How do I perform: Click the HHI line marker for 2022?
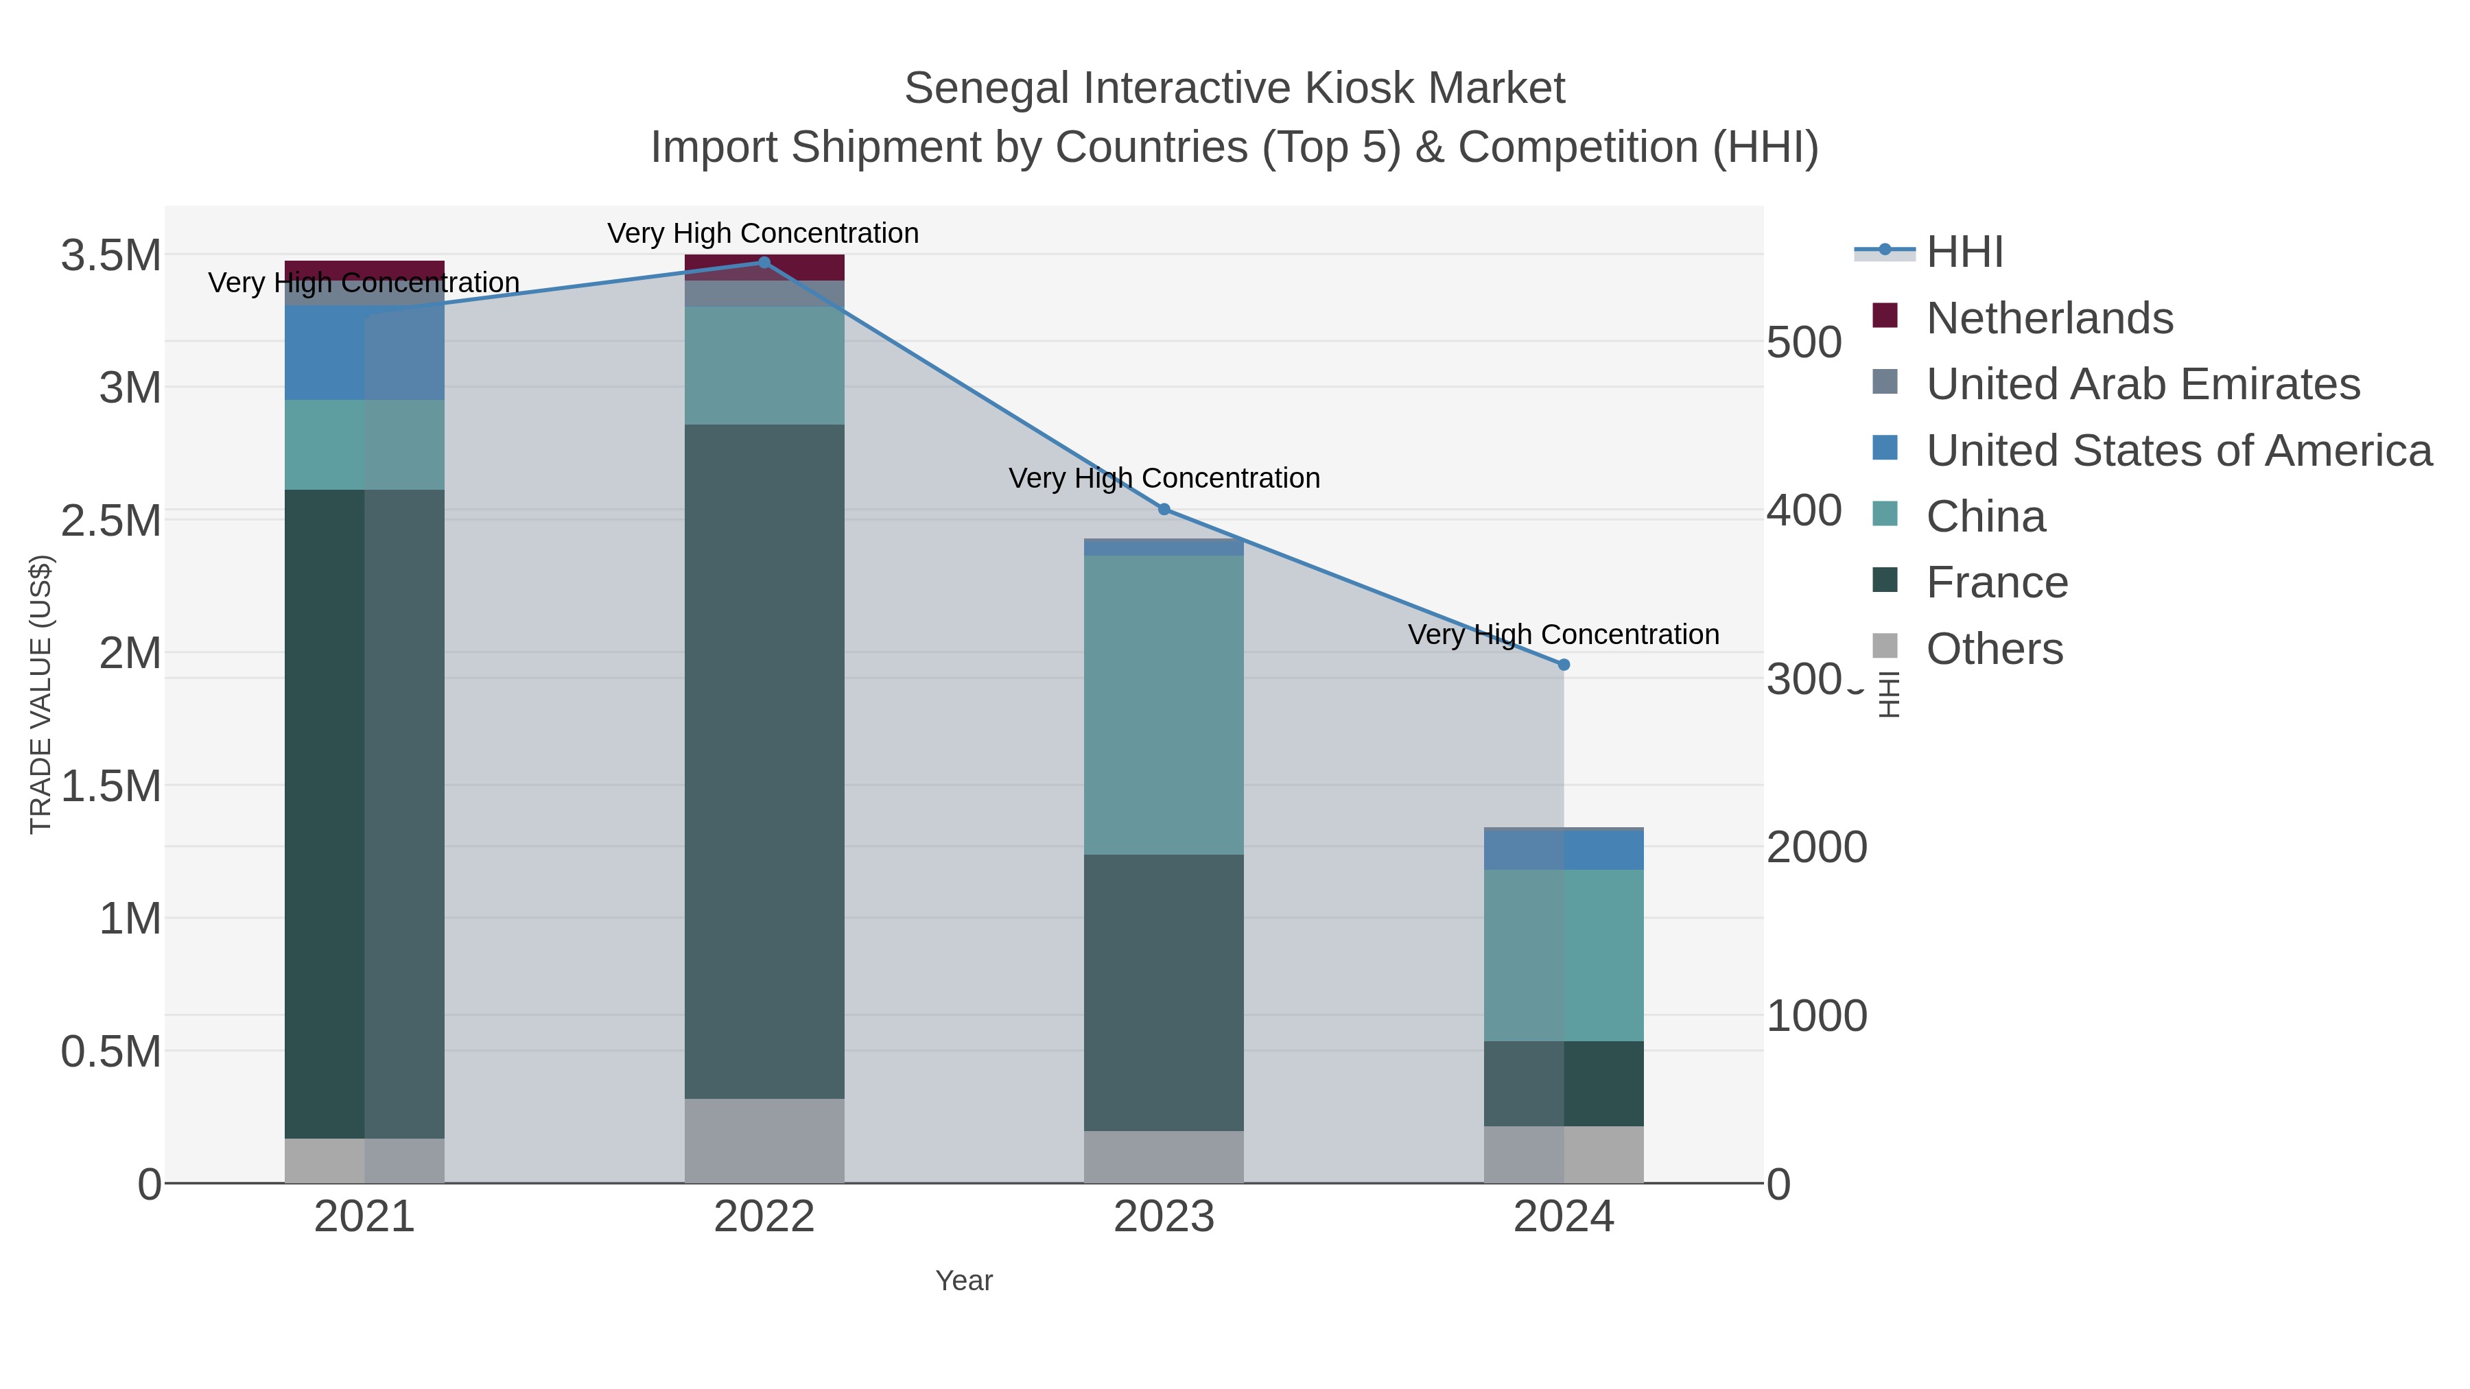point(764,263)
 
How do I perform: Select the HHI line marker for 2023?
point(1164,509)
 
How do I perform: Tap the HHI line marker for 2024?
point(1564,664)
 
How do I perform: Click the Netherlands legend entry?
point(2049,318)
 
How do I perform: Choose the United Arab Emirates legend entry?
point(2142,384)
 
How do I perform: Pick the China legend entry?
point(1985,517)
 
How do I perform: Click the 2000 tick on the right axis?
point(1816,847)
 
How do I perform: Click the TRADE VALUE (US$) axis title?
point(41,694)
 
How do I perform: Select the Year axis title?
point(964,1281)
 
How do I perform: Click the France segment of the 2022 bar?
point(764,761)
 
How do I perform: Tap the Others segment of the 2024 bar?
point(1563,1154)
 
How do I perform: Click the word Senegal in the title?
point(972,89)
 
